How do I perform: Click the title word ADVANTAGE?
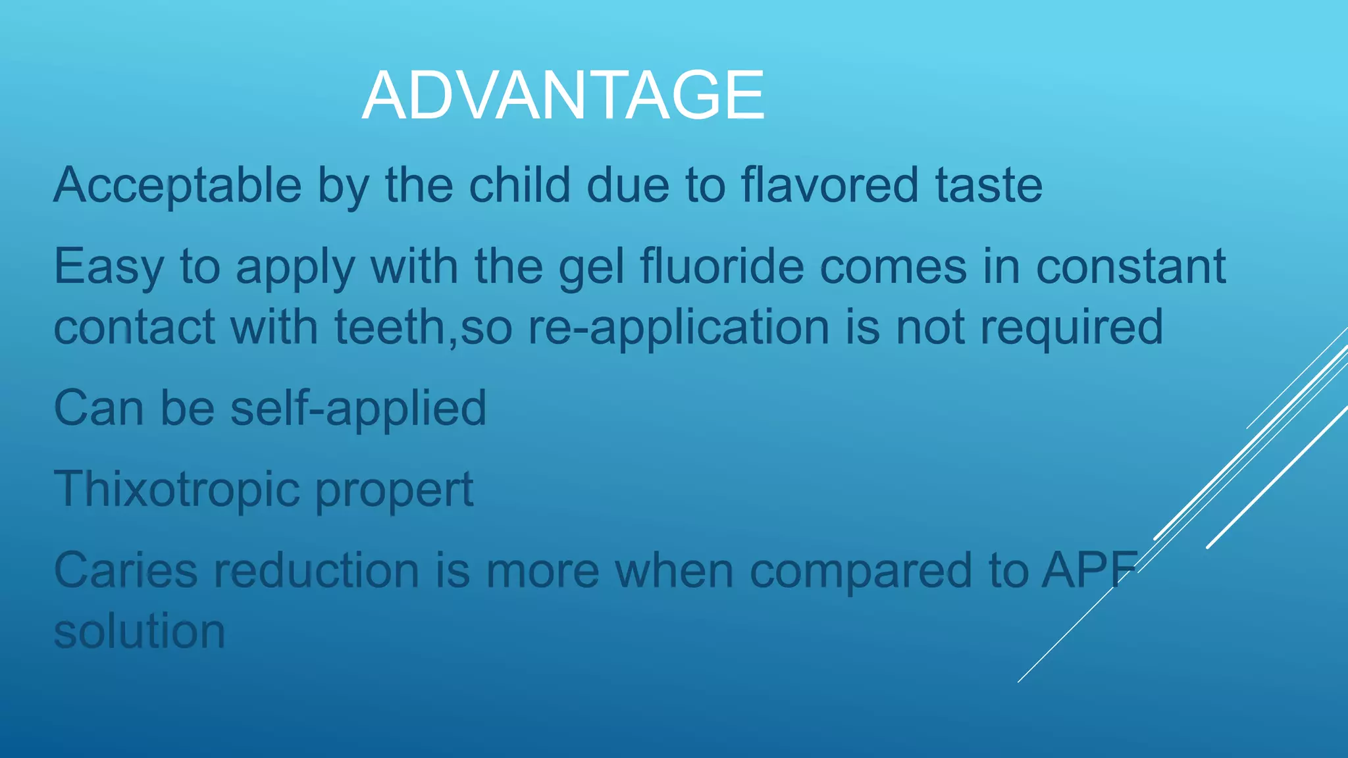click(563, 96)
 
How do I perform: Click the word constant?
click(1130, 267)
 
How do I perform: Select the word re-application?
click(679, 328)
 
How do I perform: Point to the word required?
click(1072, 328)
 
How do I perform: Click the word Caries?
click(125, 570)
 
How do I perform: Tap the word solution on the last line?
click(140, 632)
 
